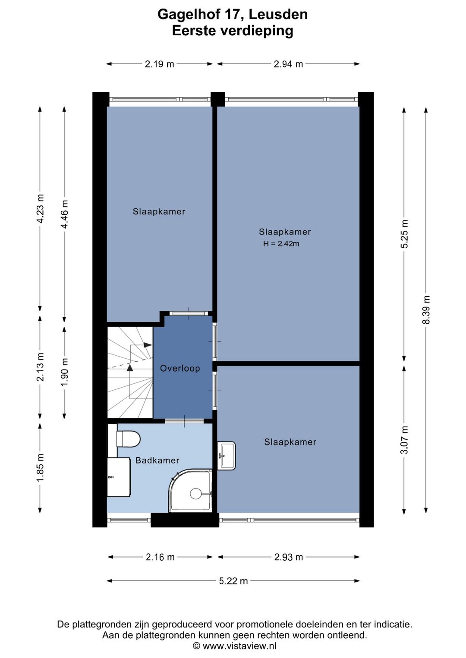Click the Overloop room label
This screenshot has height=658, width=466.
pos(180,368)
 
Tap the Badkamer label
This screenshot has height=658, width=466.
pos(157,461)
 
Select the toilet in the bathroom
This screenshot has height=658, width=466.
pos(128,440)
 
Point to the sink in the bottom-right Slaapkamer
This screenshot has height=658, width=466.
pos(227,455)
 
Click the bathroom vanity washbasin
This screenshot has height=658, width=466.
pos(119,477)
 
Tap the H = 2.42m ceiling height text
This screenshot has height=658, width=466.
pos(281,244)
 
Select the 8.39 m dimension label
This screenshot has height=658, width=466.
pos(426,310)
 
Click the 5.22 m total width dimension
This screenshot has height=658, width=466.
pos(233,581)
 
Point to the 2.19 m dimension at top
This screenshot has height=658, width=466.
pos(160,64)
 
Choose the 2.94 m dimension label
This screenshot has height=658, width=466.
pos(288,64)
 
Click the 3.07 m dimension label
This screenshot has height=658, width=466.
pos(404,440)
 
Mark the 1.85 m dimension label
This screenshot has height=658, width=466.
pos(40,468)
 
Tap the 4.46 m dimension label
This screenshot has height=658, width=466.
pos(64,214)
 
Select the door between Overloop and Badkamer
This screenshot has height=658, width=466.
pos(184,421)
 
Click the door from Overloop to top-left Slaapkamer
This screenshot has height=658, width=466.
pos(189,313)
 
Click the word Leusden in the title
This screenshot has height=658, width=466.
pos(278,14)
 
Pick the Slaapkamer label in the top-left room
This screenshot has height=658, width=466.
pos(159,212)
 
